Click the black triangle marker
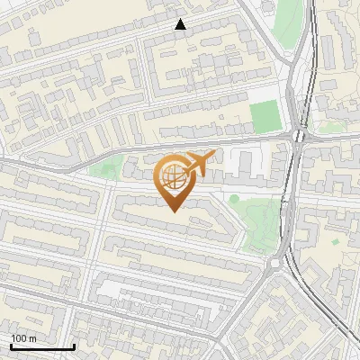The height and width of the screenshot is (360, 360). [180, 25]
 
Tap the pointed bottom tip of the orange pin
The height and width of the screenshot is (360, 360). [173, 211]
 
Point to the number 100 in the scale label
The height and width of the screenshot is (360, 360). [18, 338]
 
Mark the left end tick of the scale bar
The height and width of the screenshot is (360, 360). [11, 346]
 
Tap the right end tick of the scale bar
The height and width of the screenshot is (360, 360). [74, 346]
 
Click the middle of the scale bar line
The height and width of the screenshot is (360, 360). [42, 347]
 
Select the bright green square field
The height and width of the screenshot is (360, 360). [265, 117]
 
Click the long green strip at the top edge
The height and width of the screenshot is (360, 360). [287, 22]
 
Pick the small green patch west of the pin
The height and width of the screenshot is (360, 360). [107, 166]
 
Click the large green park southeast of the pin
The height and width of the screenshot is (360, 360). [256, 216]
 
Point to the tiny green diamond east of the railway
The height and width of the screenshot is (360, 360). [335, 241]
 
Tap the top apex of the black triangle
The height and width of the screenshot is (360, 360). [180, 20]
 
